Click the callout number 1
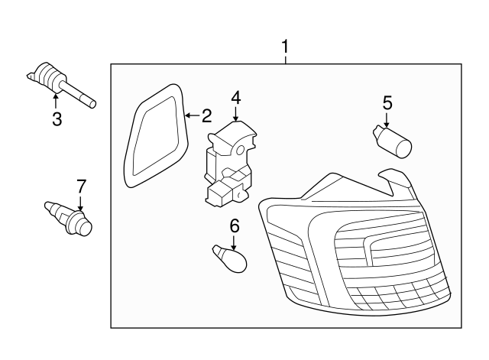click(285, 47)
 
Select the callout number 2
click(207, 115)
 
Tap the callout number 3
click(57, 119)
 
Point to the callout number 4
click(236, 98)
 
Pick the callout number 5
click(387, 103)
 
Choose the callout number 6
click(235, 225)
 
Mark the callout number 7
click(81, 186)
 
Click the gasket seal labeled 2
click(157, 136)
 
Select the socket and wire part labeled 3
click(61, 84)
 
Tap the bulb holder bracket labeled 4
click(230, 164)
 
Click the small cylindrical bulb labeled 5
click(393, 141)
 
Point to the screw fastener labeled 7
click(69, 219)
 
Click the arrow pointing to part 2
click(193, 115)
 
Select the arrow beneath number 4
click(236, 114)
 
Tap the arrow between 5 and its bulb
click(387, 119)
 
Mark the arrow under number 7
click(80, 203)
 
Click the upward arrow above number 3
click(56, 102)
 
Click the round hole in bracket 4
click(241, 151)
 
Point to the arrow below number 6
click(234, 242)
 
